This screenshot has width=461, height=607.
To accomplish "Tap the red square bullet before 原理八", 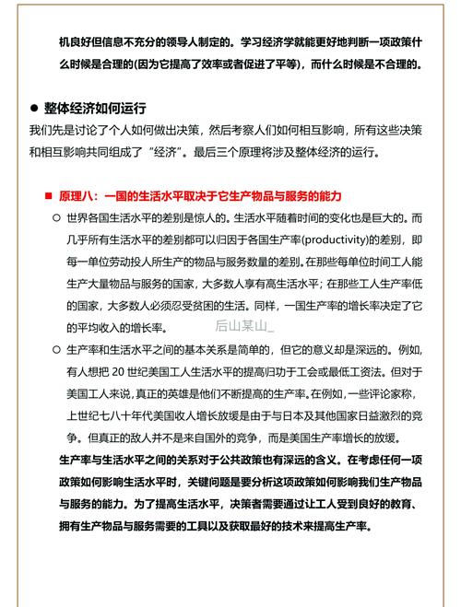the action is click(x=49, y=196).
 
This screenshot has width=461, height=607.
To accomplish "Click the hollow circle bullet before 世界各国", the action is click(x=55, y=218).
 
